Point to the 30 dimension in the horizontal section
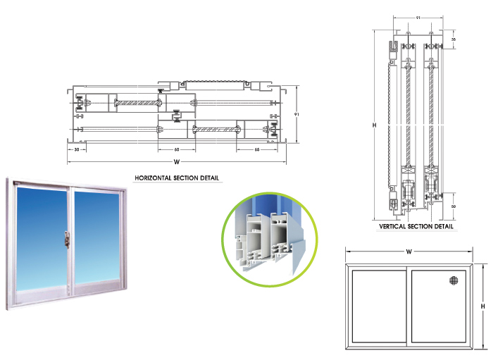tap(75, 149)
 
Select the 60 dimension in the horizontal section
tap(176, 149)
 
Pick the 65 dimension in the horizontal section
tap(257, 149)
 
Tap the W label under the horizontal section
tap(176, 162)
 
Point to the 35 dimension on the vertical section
tap(454, 40)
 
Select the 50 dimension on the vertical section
tap(454, 206)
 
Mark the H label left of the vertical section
tap(375, 125)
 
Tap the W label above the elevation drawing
tap(409, 251)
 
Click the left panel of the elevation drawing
tap(378, 306)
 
